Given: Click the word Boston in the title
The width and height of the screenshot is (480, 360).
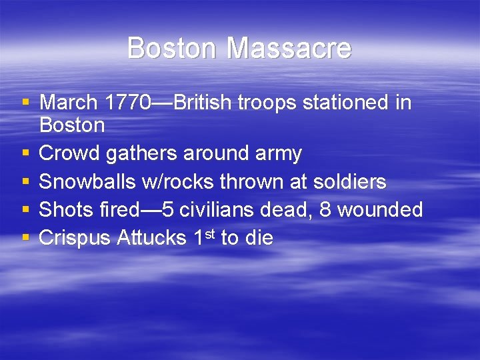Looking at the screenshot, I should tap(173, 48).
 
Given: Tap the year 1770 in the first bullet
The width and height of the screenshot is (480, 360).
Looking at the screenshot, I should tap(130, 103).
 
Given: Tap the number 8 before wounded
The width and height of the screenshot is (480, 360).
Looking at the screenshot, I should tap(326, 210).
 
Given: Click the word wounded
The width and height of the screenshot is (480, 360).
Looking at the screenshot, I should tap(381, 210).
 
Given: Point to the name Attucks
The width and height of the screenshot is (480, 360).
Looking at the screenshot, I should tap(151, 238).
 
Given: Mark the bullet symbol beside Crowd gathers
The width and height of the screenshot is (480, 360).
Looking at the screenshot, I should tap(25, 153).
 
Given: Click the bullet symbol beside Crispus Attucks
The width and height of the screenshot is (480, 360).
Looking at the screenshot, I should tap(25, 238).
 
